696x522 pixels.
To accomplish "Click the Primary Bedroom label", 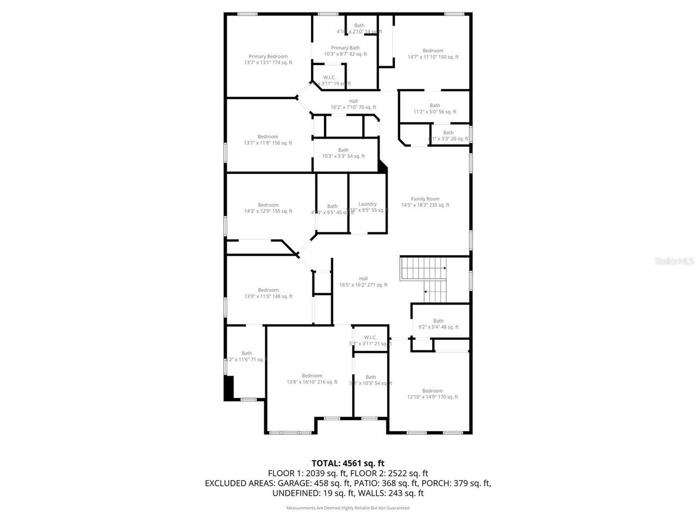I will pyautogui.click(x=268, y=59).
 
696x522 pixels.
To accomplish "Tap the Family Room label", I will pyautogui.click(x=425, y=202).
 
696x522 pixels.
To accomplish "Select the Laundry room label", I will pyautogui.click(x=368, y=207).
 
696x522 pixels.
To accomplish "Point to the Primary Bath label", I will pyautogui.click(x=345, y=51).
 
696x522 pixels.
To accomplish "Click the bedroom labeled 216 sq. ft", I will pyautogui.click(x=312, y=379).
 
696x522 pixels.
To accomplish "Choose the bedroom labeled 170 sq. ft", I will pyautogui.click(x=432, y=394).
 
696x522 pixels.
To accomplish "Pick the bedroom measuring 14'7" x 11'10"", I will pyautogui.click(x=433, y=54).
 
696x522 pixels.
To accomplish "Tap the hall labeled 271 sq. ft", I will pyautogui.click(x=363, y=282).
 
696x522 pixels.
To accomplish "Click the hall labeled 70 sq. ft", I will pyautogui.click(x=353, y=104).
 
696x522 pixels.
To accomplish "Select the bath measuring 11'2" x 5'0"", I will pyautogui.click(x=434, y=109).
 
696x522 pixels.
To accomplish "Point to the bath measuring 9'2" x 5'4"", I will pyautogui.click(x=438, y=324).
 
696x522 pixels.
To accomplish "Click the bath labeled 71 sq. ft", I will pyautogui.click(x=247, y=356).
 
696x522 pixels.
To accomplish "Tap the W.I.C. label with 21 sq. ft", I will pyautogui.click(x=370, y=340).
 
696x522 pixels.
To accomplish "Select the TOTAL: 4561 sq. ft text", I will pyautogui.click(x=347, y=463).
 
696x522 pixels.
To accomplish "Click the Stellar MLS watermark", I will pyautogui.click(x=674, y=262).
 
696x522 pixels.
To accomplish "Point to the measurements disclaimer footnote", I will pyautogui.click(x=347, y=508).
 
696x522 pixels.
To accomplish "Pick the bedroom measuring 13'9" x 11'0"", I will pyautogui.click(x=268, y=293).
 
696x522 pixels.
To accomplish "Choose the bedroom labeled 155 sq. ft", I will pyautogui.click(x=268, y=208).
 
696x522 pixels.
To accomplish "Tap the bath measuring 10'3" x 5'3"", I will pyautogui.click(x=343, y=153).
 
